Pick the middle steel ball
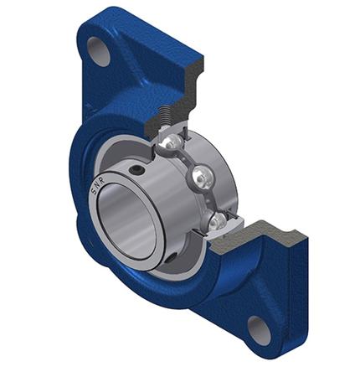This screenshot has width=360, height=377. [x=200, y=177]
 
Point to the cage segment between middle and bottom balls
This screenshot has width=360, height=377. [x=210, y=199]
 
